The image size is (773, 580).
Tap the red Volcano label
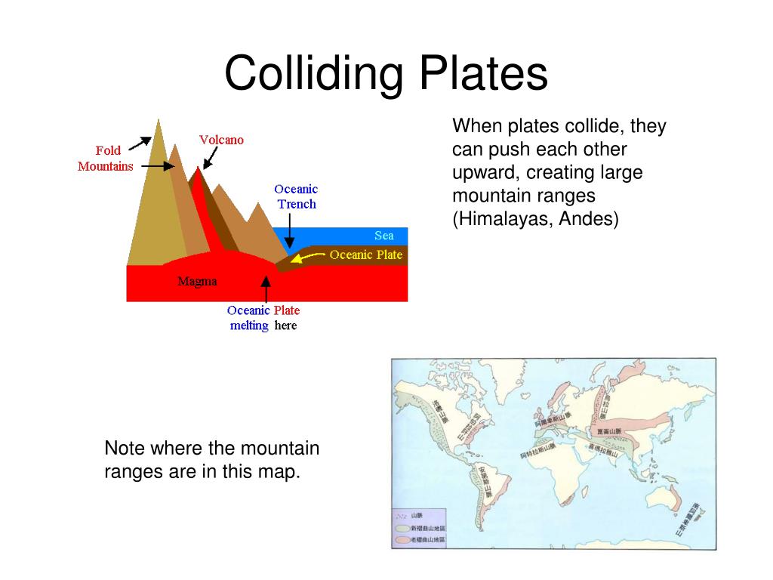(x=221, y=140)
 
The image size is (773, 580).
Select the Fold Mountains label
(x=106, y=159)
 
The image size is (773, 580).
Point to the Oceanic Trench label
(x=296, y=196)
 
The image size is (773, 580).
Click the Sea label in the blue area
(x=383, y=236)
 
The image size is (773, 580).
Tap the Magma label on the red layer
(x=197, y=282)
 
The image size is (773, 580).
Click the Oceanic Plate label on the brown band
(x=366, y=255)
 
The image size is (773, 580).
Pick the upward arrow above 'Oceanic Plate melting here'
(x=265, y=288)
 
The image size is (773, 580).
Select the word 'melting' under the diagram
(x=248, y=325)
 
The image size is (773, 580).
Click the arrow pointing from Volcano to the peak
(x=210, y=158)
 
